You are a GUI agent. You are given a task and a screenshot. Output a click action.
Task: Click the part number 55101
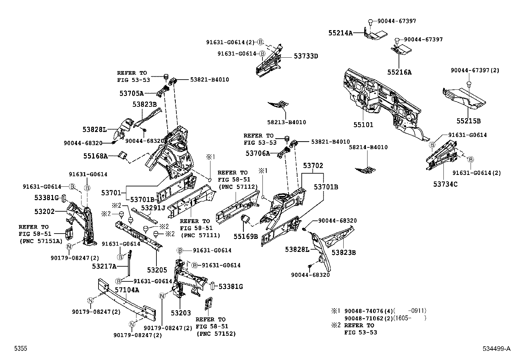click(x=363, y=125)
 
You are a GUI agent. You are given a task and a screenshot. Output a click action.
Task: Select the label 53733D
click(x=306, y=56)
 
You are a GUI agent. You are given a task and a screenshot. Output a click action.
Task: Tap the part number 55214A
click(x=340, y=33)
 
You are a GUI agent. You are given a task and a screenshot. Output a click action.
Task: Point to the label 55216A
click(x=399, y=72)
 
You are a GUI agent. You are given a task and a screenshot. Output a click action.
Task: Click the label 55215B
click(x=469, y=121)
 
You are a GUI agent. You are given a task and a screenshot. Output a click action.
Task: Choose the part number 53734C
click(x=445, y=184)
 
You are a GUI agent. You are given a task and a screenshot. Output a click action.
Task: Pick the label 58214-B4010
click(x=368, y=147)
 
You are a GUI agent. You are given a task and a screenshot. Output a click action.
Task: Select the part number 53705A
click(x=131, y=93)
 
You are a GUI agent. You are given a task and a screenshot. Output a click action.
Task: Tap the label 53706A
click(x=258, y=153)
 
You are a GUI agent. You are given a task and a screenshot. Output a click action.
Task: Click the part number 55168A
click(x=95, y=156)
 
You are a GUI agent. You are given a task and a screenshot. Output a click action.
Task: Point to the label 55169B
click(x=246, y=236)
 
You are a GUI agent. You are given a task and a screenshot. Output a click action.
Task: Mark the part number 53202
click(x=45, y=211)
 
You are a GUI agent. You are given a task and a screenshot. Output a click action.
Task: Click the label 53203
click(x=181, y=313)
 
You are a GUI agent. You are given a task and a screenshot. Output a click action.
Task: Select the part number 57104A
click(x=127, y=290)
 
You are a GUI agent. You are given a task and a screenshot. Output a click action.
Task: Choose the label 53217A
click(x=104, y=266)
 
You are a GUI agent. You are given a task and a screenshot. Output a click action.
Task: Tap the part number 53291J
click(x=153, y=208)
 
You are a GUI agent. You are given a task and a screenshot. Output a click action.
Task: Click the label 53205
click(x=157, y=270)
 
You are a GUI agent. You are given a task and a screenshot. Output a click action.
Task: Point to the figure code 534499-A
click(x=496, y=349)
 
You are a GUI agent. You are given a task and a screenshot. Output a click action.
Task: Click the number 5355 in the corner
click(x=20, y=349)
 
